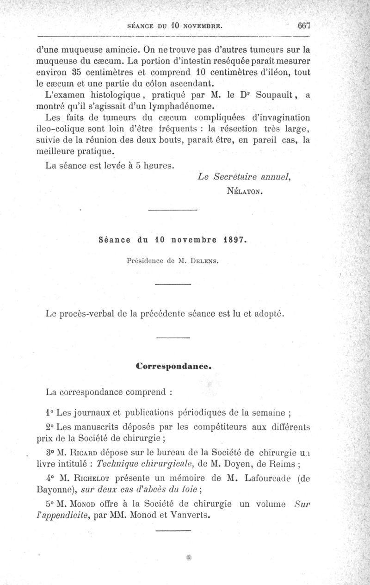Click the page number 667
coord(303,26)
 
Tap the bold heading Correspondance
coord(174,366)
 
